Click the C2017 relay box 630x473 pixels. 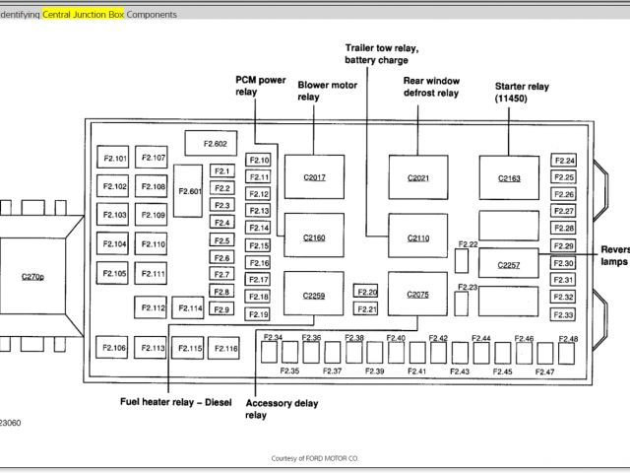pyautogui.click(x=314, y=177)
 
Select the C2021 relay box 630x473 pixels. pyautogui.click(x=417, y=177)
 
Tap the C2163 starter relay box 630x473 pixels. pyautogui.click(x=509, y=177)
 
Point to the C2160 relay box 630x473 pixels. pyautogui.click(x=314, y=236)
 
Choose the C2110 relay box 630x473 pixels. pyautogui.click(x=417, y=236)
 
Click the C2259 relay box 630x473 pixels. pyautogui.click(x=314, y=294)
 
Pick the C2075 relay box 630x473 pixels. pyautogui.click(x=417, y=294)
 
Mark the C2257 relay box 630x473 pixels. pyautogui.click(x=509, y=264)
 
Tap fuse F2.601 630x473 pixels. pyautogui.click(x=189, y=190)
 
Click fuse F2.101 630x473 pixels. pyautogui.click(x=114, y=158)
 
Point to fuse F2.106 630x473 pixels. pyautogui.click(x=114, y=348)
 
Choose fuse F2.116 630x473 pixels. pyautogui.click(x=225, y=348)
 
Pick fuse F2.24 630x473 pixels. pyautogui.click(x=564, y=161)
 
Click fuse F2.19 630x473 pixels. pyautogui.click(x=258, y=314)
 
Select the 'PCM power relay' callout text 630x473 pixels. pyautogui.click(x=259, y=85)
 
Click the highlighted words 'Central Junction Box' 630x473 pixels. pyautogui.click(x=83, y=15)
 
